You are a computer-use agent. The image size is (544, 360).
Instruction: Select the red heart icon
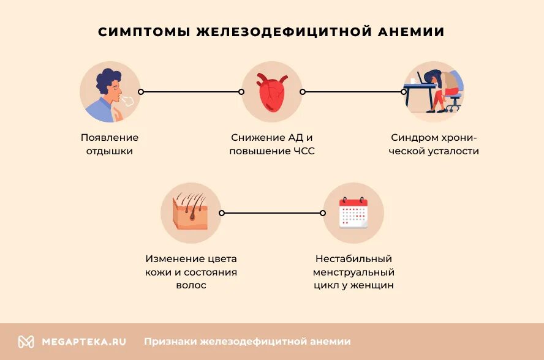271,92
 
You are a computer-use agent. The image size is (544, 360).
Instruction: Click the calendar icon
353,212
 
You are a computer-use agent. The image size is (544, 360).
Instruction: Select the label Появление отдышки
110,144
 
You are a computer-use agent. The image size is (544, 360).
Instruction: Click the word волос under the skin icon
191,285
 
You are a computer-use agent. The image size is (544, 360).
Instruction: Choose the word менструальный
353,272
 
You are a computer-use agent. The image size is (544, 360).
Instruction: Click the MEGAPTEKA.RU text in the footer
84,342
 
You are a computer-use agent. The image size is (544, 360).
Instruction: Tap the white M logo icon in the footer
26,342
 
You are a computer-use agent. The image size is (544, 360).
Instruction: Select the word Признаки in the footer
170,342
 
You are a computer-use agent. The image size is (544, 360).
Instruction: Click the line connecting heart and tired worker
353,92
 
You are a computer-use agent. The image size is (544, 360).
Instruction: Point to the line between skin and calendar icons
272,213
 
